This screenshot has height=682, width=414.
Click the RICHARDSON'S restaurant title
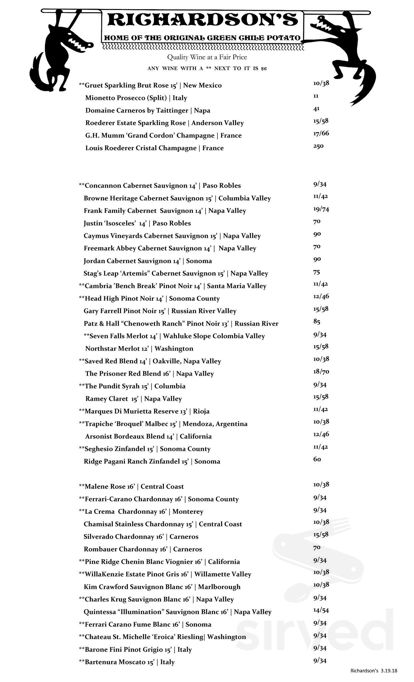click(202, 20)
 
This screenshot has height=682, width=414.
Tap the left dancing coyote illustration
click(62, 50)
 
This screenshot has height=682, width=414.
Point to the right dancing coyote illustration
click(343, 57)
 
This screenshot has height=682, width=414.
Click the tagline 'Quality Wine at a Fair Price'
click(207, 57)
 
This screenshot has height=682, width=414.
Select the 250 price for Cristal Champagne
click(318, 146)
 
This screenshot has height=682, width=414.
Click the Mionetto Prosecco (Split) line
click(136, 98)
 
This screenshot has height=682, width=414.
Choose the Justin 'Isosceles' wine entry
click(137, 223)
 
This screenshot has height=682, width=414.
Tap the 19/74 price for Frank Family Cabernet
click(321, 209)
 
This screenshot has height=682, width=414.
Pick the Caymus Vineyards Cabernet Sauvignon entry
click(172, 236)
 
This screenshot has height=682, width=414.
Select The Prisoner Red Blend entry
click(149, 374)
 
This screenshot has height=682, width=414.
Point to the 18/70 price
click(321, 372)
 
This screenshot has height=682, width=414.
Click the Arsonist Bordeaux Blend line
click(148, 436)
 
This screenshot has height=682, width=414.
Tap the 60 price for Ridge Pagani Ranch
click(317, 460)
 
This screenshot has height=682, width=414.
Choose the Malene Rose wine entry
click(131, 487)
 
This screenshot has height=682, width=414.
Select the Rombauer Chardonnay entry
click(143, 549)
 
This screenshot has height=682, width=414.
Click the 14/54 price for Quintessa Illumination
click(321, 610)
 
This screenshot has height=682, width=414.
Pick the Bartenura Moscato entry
click(127, 662)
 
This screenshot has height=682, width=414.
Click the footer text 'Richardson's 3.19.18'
click(374, 671)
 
